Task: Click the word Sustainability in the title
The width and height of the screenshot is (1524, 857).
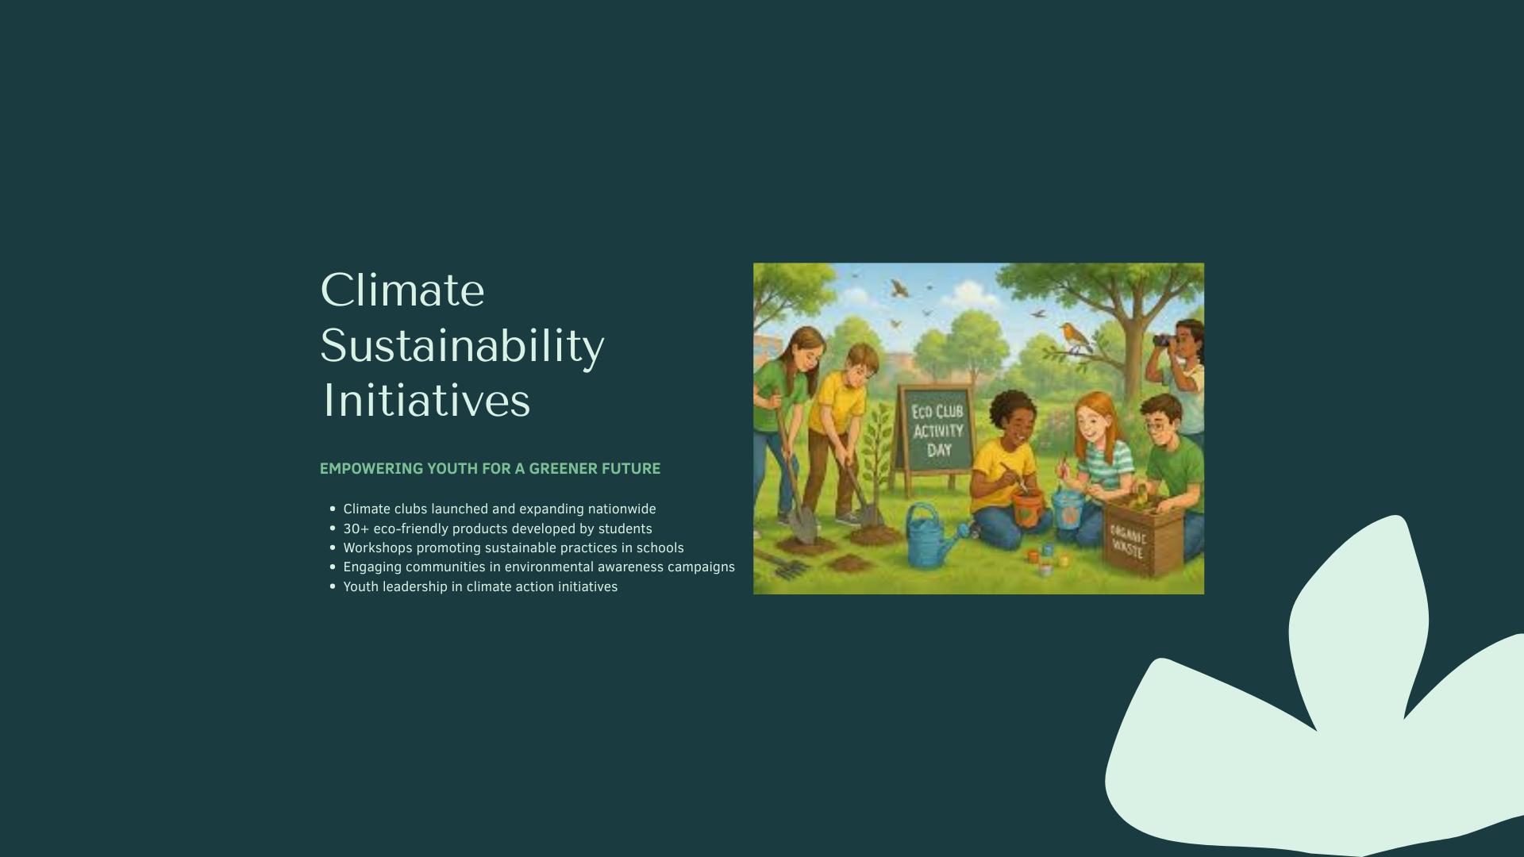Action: (x=462, y=346)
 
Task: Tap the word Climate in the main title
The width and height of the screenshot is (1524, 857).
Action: (x=402, y=290)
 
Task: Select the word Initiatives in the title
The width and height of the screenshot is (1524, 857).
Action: (x=426, y=400)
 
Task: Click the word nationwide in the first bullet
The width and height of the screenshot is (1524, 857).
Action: (x=622, y=509)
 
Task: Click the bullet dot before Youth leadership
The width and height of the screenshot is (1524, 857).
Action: (x=333, y=586)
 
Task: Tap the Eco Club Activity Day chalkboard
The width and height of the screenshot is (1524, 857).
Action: (x=937, y=430)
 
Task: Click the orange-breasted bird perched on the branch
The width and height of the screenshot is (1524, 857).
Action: (x=1076, y=337)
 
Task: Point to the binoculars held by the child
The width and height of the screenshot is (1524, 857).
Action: (x=1165, y=340)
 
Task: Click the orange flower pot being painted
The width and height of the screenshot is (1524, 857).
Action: (x=1026, y=508)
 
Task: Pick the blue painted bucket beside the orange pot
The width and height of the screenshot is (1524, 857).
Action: (x=1068, y=509)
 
